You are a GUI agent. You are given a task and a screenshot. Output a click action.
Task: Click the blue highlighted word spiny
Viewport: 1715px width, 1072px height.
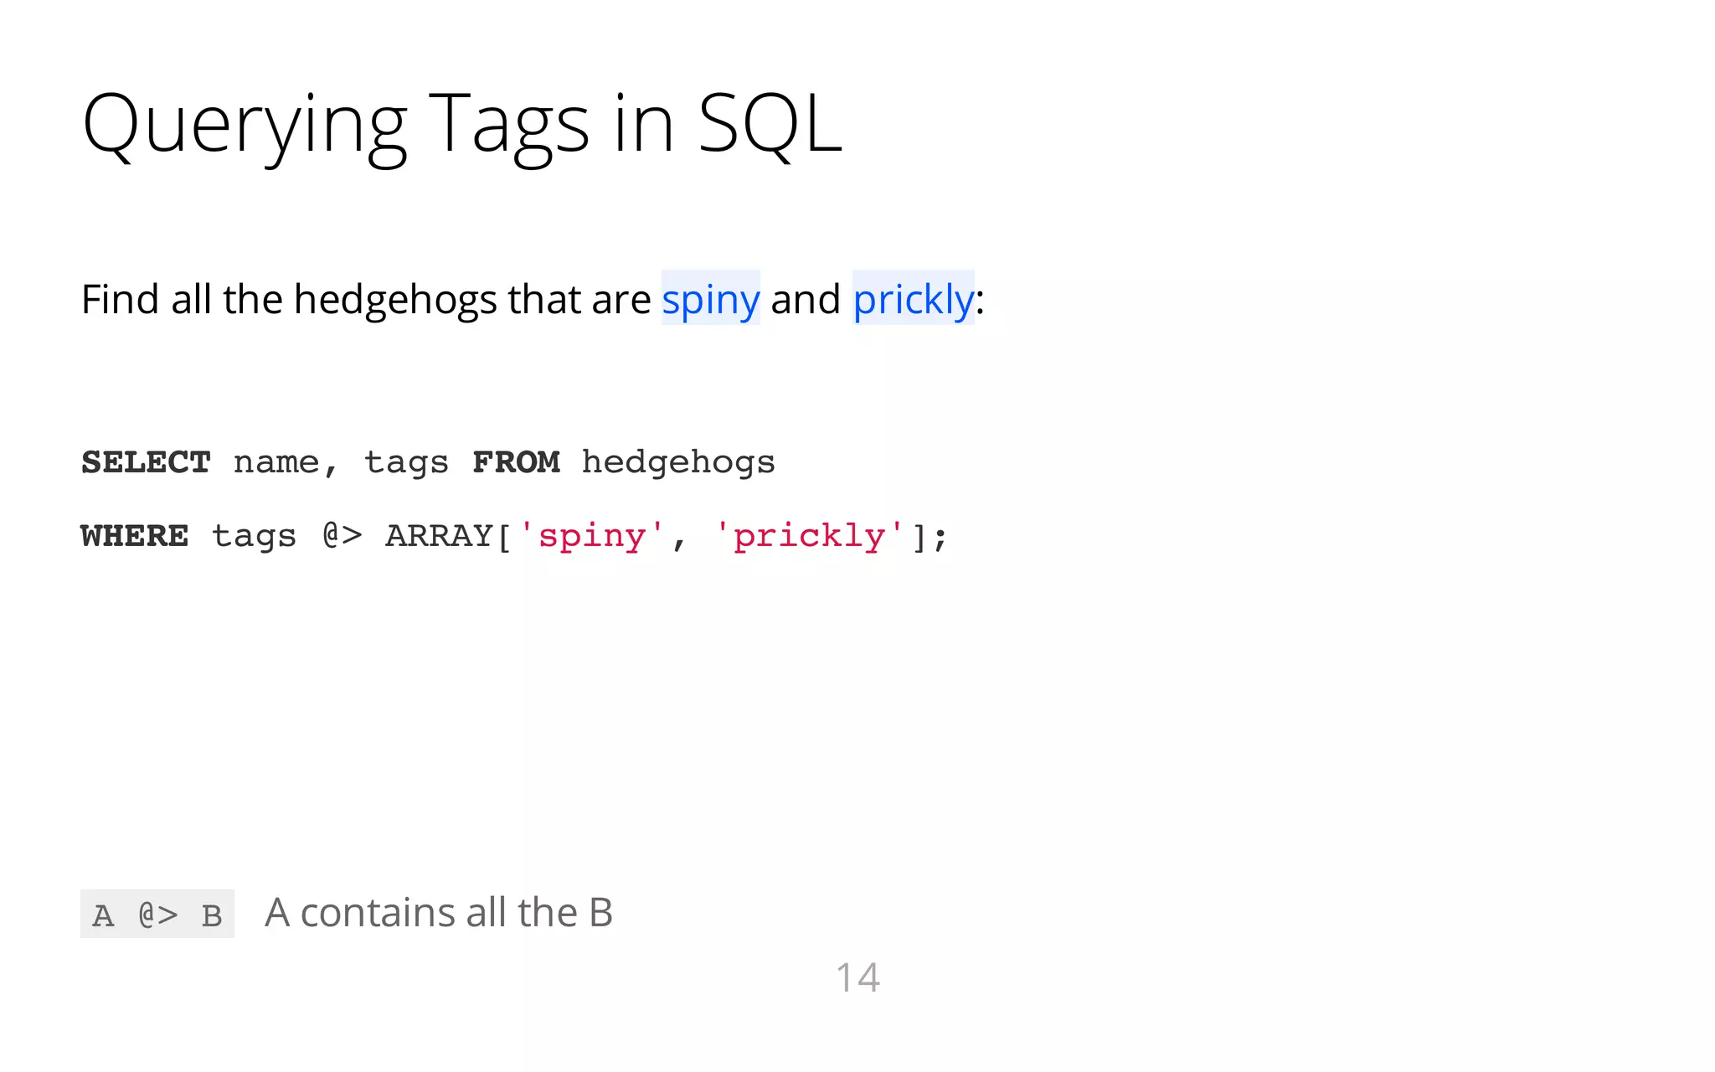coord(710,299)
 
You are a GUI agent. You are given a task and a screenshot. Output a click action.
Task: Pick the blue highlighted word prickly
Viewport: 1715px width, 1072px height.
coord(913,299)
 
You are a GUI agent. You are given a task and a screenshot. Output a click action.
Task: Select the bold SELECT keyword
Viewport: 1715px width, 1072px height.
coord(146,462)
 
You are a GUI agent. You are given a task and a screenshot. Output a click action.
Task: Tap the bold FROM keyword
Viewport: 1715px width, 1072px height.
coord(516,462)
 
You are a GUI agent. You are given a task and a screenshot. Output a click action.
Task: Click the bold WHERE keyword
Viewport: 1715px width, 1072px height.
coord(135,536)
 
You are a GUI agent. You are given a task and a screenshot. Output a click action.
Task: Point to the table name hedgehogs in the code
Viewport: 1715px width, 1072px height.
coord(678,462)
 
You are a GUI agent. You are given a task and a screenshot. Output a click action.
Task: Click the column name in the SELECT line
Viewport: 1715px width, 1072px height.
coord(276,462)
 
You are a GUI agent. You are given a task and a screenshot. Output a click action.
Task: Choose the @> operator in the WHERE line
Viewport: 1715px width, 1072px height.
coord(342,536)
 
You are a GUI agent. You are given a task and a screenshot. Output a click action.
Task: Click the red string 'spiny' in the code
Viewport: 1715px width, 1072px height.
coord(592,536)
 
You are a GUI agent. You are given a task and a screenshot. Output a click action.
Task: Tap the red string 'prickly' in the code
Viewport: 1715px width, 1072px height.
coord(809,536)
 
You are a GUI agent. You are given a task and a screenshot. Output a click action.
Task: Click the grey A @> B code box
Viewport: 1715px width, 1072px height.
coord(157,914)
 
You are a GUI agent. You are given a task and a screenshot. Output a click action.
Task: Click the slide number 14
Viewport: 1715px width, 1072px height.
coord(857,977)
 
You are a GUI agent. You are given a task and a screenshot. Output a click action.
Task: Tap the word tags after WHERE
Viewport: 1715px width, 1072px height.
coord(254,536)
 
